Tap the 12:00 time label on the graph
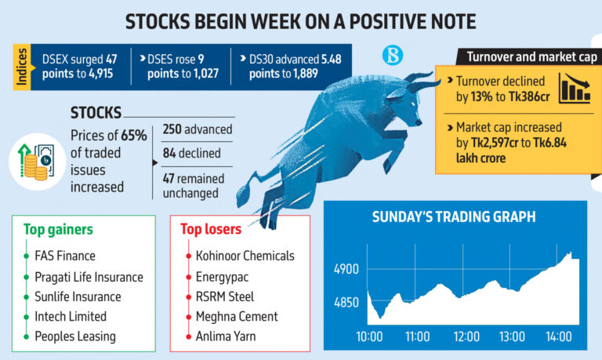(466, 336)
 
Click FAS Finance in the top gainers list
(65, 256)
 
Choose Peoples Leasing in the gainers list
(76, 336)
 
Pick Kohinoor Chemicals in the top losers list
(246, 256)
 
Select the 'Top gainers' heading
(59, 230)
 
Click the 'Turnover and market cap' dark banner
(532, 57)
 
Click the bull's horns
(423, 79)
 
